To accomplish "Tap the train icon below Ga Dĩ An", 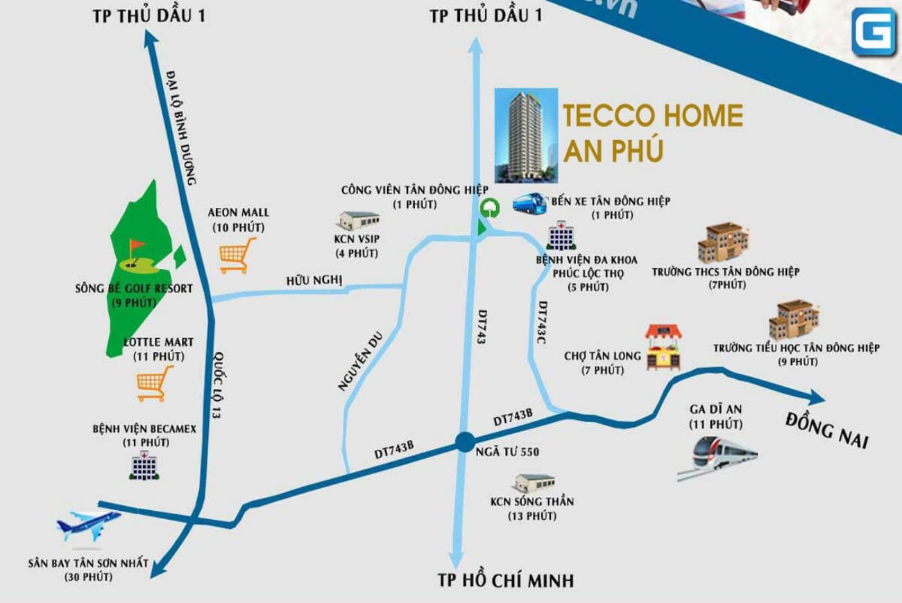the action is pos(717,457).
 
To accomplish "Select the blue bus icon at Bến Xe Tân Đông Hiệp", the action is pos(531,202).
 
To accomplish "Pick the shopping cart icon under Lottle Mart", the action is pos(154,384).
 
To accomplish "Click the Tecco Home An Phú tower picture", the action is pos(526,135).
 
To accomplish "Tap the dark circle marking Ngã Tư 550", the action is pos(464,442).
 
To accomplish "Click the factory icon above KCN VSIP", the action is pos(359,220).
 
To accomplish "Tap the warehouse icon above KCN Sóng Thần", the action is pos(534,484).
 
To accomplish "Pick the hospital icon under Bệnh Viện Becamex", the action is pos(145,464).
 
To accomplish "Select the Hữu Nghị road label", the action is pos(314,280).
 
